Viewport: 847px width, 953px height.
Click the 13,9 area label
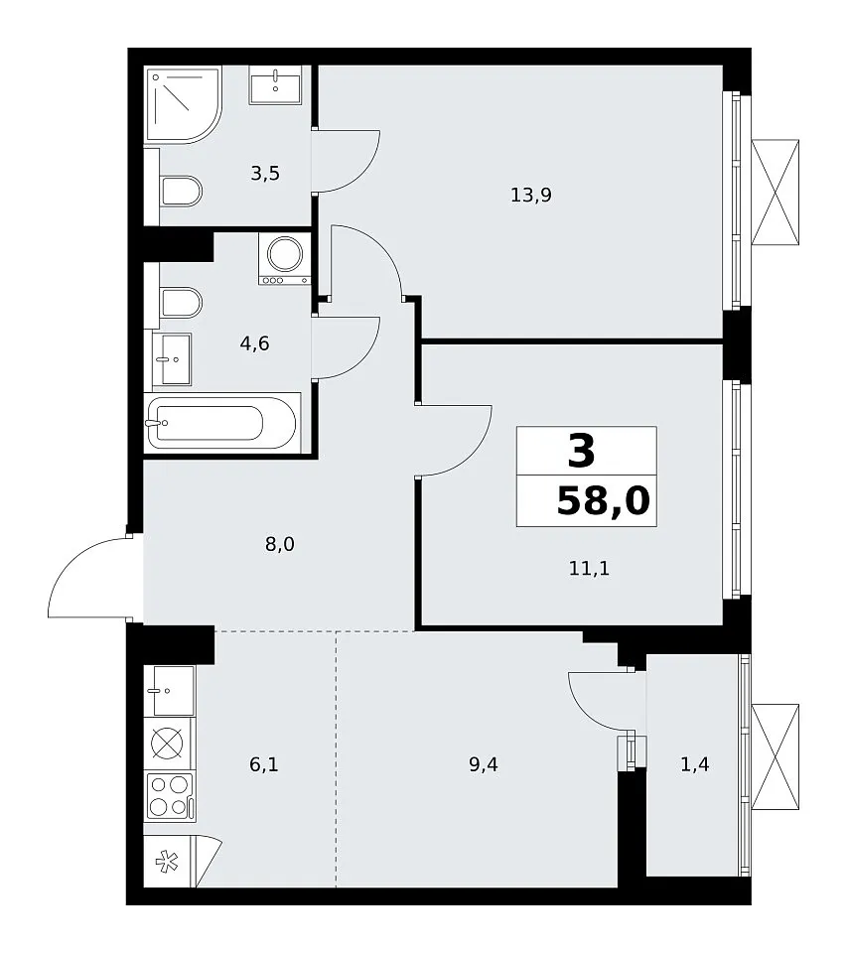pos(531,196)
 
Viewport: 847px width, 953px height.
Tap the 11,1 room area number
pos(589,568)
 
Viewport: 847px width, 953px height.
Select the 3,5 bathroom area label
pos(265,173)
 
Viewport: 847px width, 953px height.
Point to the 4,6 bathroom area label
pos(254,344)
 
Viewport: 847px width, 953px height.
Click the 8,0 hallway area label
pos(280,544)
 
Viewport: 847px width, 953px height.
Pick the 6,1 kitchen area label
pos(264,764)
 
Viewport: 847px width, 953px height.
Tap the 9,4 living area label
pos(484,764)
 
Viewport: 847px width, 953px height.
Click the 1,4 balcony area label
pos(694,764)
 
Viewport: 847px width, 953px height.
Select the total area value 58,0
pos(603,501)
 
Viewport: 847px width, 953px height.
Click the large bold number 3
pos(581,452)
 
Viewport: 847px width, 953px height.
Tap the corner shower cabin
pos(183,104)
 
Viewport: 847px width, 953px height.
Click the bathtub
pos(222,423)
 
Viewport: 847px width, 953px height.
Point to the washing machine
pos(285,258)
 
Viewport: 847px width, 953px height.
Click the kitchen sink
pos(170,691)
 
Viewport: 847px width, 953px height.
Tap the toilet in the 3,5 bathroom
pos(181,192)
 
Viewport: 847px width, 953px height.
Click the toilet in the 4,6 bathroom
pos(181,303)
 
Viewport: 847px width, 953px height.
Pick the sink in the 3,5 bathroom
pos(275,85)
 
